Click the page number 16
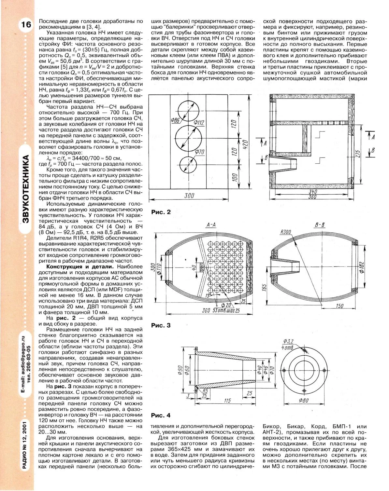click(x=26, y=25)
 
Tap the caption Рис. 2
click(x=161, y=212)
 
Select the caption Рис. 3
click(x=161, y=325)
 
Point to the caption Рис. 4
click(x=161, y=415)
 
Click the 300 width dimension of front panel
click(x=189, y=195)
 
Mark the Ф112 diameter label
click(x=198, y=122)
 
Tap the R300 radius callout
click(x=285, y=232)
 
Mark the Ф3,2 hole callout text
click(x=289, y=341)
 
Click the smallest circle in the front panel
click(x=191, y=164)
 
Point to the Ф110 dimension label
click(x=159, y=269)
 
